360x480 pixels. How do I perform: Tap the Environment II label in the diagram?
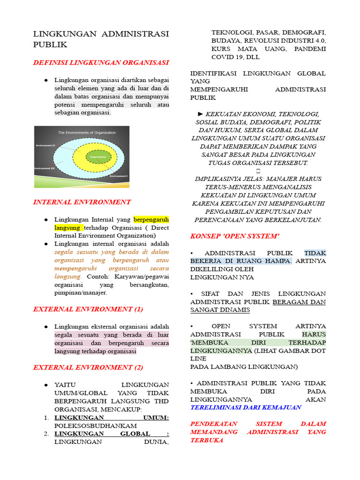click(x=45, y=146)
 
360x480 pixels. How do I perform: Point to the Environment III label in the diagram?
click(x=45, y=168)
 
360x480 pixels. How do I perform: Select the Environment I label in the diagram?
click(x=119, y=176)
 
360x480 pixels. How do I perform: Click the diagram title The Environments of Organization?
click(x=87, y=133)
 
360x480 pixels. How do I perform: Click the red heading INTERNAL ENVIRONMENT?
click(x=82, y=202)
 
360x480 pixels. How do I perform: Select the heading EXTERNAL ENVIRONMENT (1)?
click(x=88, y=309)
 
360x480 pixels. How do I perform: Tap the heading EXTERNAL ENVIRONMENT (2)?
click(x=88, y=367)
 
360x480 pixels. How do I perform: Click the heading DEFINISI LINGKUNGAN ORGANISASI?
click(x=101, y=62)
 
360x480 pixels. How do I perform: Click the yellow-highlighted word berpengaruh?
click(x=151, y=219)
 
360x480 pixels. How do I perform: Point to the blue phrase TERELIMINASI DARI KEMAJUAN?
click(x=246, y=407)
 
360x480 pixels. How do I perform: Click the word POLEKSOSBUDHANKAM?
click(x=96, y=425)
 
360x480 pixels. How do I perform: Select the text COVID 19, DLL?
click(x=235, y=57)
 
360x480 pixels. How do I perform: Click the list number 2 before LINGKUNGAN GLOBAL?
click(x=46, y=434)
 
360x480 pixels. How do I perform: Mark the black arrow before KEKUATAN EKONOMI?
click(x=201, y=114)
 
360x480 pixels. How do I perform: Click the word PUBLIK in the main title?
click(x=50, y=45)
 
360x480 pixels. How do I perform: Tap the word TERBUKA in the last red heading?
click(x=207, y=440)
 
